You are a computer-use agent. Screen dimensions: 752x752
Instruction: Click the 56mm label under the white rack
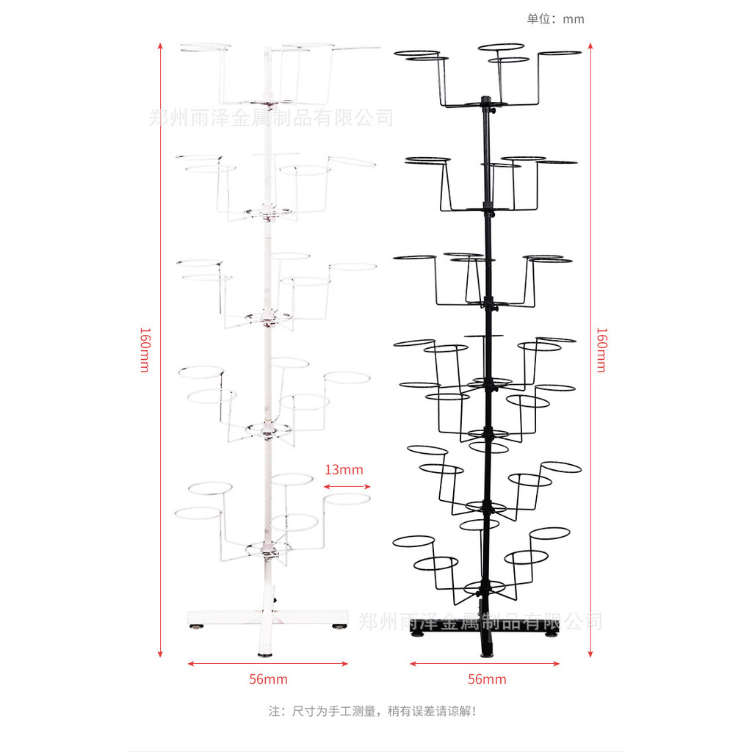(268, 679)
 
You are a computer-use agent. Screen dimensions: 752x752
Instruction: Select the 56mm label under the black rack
(487, 679)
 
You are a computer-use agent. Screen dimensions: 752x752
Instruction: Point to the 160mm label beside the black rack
(601, 349)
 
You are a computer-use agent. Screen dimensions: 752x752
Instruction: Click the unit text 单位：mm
(555, 19)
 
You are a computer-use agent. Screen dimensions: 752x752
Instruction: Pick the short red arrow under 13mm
(347, 485)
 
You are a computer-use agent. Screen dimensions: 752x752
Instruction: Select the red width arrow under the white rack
(268, 664)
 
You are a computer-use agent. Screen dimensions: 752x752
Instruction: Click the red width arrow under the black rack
(485, 664)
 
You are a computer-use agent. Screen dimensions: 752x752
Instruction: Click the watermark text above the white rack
(272, 117)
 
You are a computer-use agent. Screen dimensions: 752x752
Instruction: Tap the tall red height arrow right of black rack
(590, 349)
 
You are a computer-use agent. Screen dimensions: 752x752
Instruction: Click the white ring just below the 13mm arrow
(347, 499)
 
